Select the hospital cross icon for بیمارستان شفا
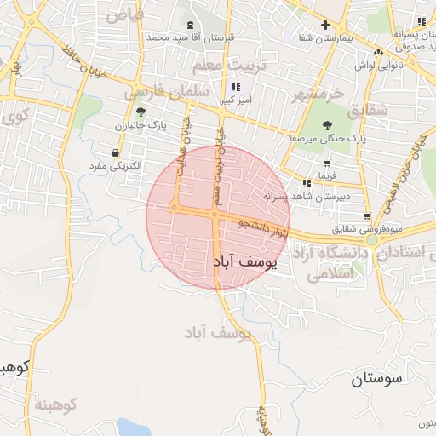coord(324,26)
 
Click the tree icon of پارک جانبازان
coord(141,112)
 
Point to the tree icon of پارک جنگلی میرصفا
coord(328,125)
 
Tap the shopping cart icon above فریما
coord(327,163)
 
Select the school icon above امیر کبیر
coord(235,88)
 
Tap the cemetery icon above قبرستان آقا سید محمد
coord(189,25)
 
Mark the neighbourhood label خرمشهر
coord(318,92)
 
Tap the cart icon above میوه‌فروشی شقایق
coord(367,215)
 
